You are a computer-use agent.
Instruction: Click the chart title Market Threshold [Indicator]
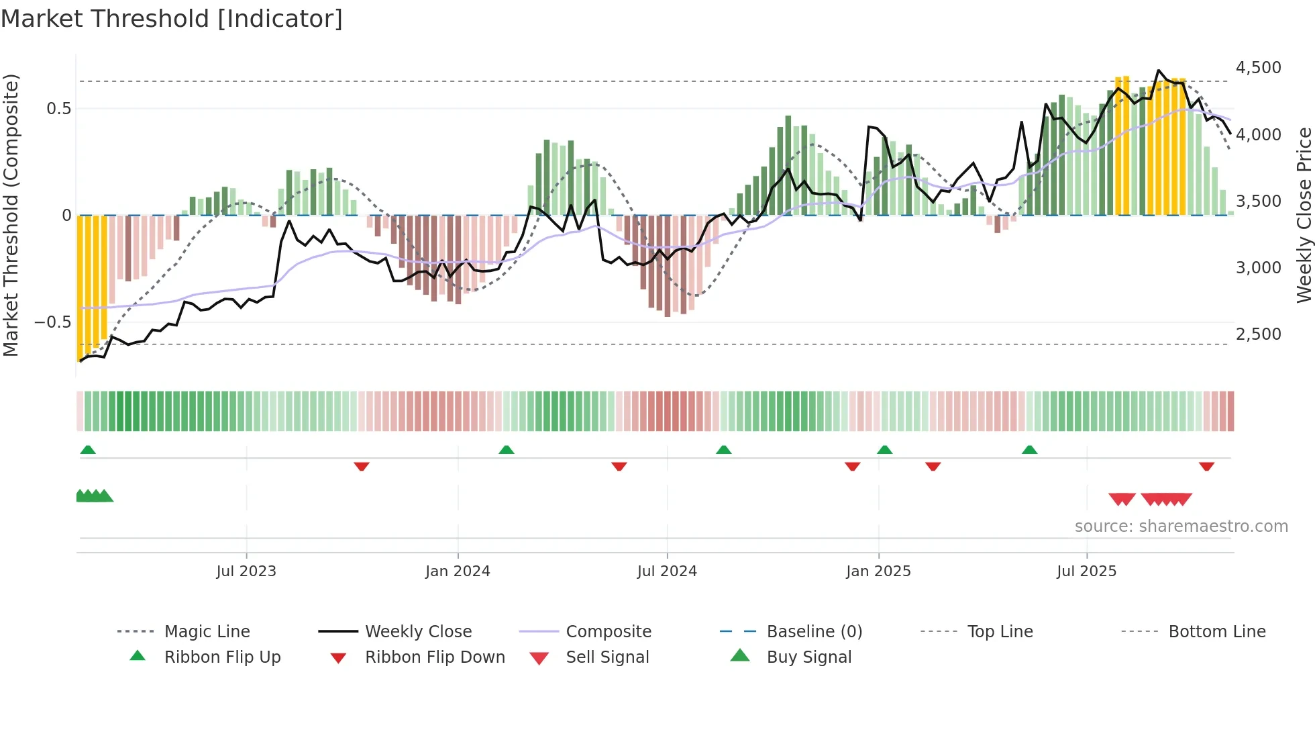pyautogui.click(x=172, y=19)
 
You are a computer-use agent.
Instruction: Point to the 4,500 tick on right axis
pyautogui.click(x=1258, y=68)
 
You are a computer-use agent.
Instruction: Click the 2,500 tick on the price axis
pyautogui.click(x=1258, y=334)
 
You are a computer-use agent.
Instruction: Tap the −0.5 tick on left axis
pyautogui.click(x=52, y=322)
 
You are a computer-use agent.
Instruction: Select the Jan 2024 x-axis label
pyautogui.click(x=458, y=571)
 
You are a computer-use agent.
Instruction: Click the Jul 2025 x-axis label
pyautogui.click(x=1086, y=571)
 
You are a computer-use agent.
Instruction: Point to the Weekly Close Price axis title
pyautogui.click(x=1304, y=215)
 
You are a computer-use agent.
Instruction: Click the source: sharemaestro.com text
pyautogui.click(x=1181, y=526)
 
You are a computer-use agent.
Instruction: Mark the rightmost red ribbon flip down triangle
pyautogui.click(x=1206, y=466)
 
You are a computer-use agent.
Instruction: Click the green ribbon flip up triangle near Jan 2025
pyautogui.click(x=884, y=450)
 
